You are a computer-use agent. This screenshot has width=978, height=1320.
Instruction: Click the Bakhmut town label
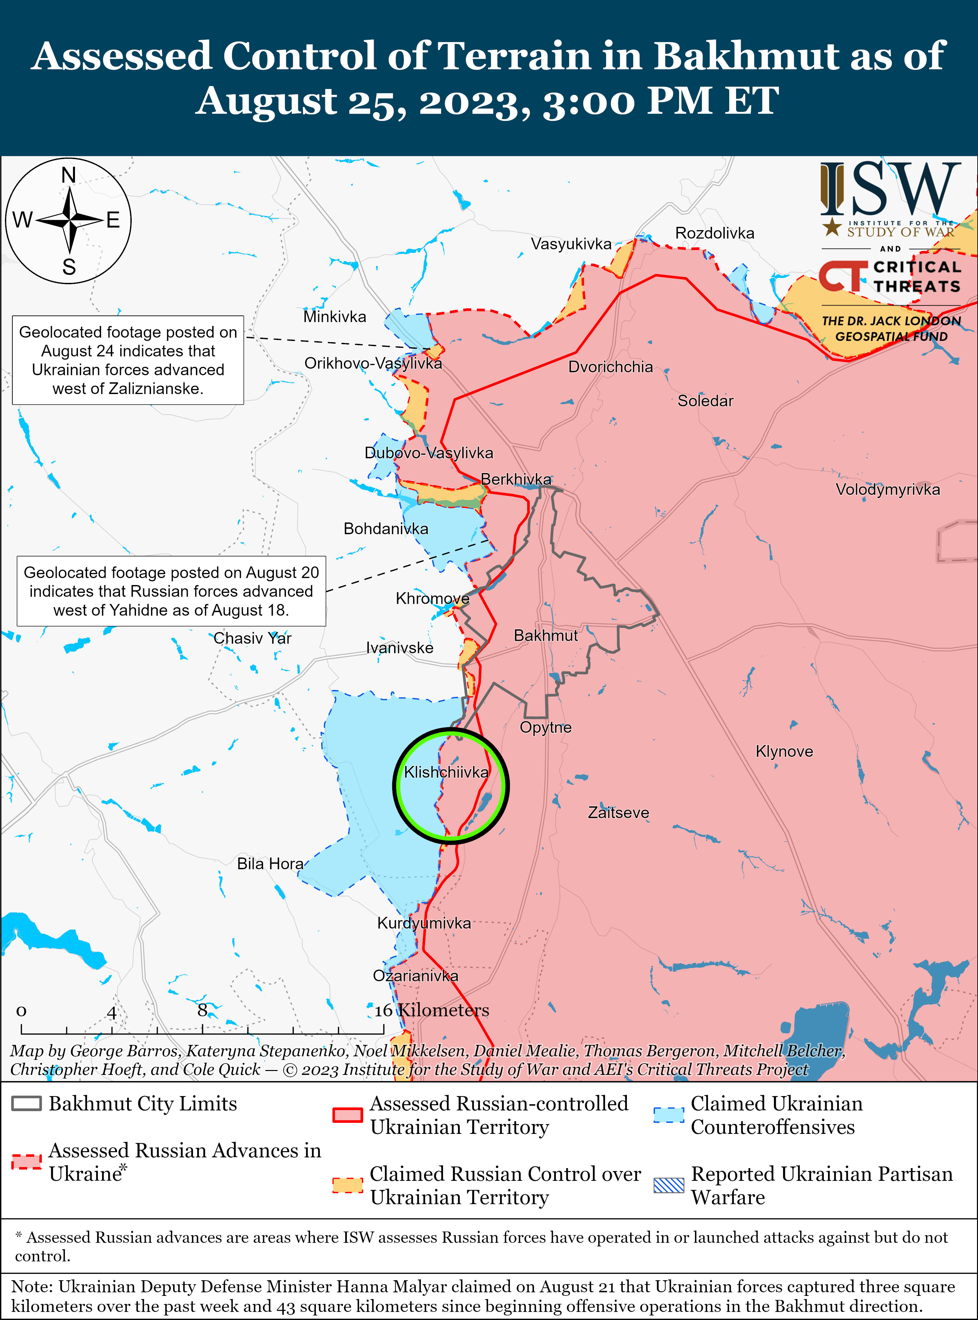click(x=545, y=636)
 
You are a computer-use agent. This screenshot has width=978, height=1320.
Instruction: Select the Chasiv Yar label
click(x=252, y=638)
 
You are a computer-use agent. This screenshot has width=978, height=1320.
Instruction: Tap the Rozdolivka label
click(x=715, y=233)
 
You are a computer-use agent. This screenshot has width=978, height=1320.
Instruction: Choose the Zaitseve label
click(x=618, y=813)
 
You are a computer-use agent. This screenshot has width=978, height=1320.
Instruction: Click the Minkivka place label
click(x=334, y=317)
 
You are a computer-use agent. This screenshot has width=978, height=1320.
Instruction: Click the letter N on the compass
click(x=69, y=175)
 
